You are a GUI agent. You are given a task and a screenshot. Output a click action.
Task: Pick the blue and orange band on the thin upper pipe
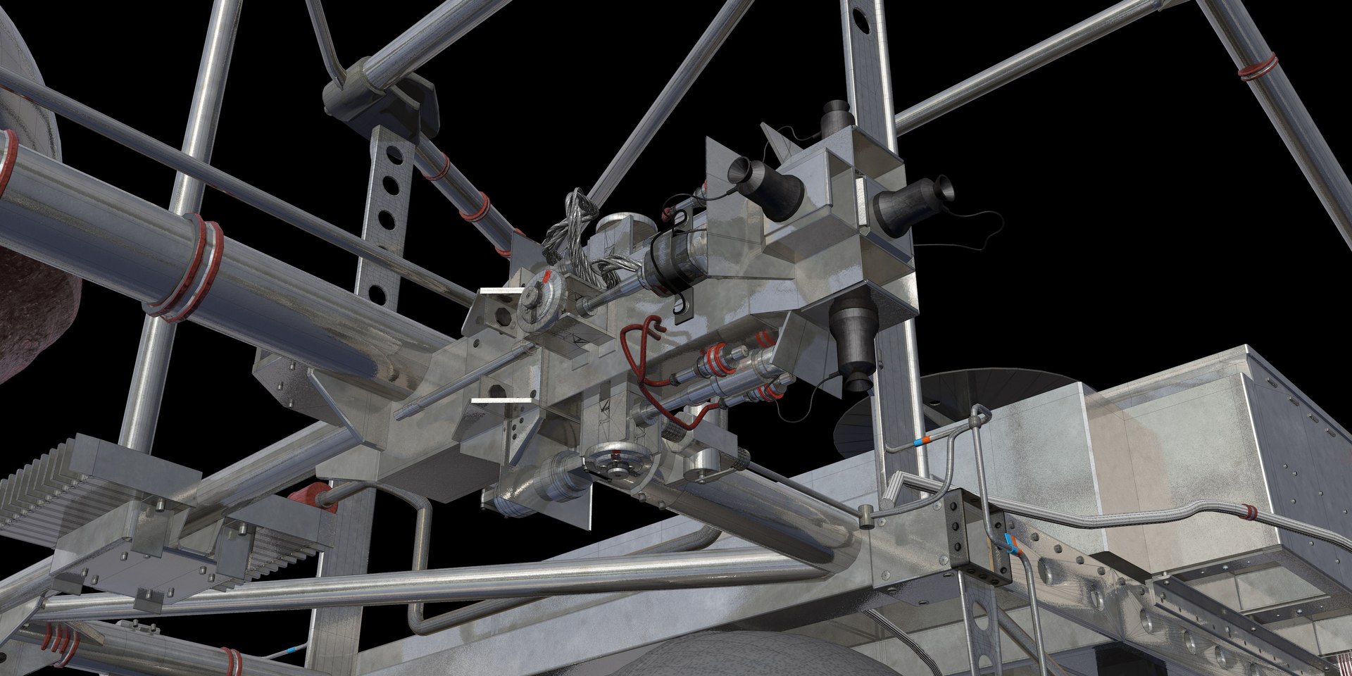[x=919, y=442]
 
